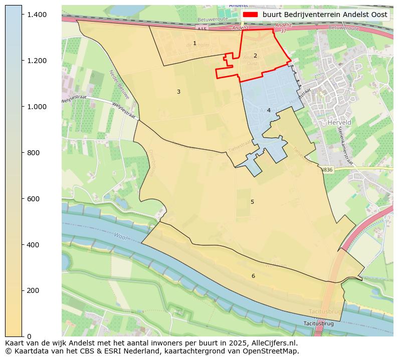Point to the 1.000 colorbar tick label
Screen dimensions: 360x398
[37, 107]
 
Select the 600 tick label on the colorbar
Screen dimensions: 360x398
[33, 199]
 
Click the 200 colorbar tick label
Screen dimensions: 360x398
[33, 290]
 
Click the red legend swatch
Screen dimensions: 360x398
[250, 15]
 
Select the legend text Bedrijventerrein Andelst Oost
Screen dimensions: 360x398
[325, 15]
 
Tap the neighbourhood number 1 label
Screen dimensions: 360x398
[194, 44]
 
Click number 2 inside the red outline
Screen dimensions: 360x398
[255, 56]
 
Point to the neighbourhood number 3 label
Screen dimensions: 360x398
[178, 92]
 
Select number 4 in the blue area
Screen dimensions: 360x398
[269, 110]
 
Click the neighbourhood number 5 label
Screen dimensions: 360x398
[252, 202]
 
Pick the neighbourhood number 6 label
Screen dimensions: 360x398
[253, 276]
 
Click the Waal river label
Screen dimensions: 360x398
[120, 235]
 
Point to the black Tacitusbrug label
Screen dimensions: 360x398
[318, 324]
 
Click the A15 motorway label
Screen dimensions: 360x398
[202, 30]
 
